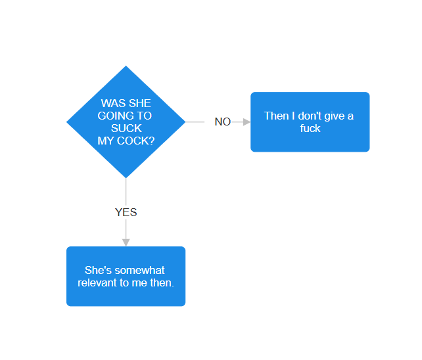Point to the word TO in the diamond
click(145, 116)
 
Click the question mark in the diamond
click(152, 141)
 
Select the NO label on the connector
click(223, 122)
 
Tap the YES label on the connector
click(126, 212)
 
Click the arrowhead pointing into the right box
click(246, 122)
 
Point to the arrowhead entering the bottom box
click(126, 242)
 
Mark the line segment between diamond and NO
click(195, 122)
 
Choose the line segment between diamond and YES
click(126, 192)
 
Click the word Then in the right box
click(276, 116)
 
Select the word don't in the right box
click(310, 116)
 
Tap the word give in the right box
click(335, 116)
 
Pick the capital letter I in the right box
click(293, 116)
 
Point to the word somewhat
click(137, 270)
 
